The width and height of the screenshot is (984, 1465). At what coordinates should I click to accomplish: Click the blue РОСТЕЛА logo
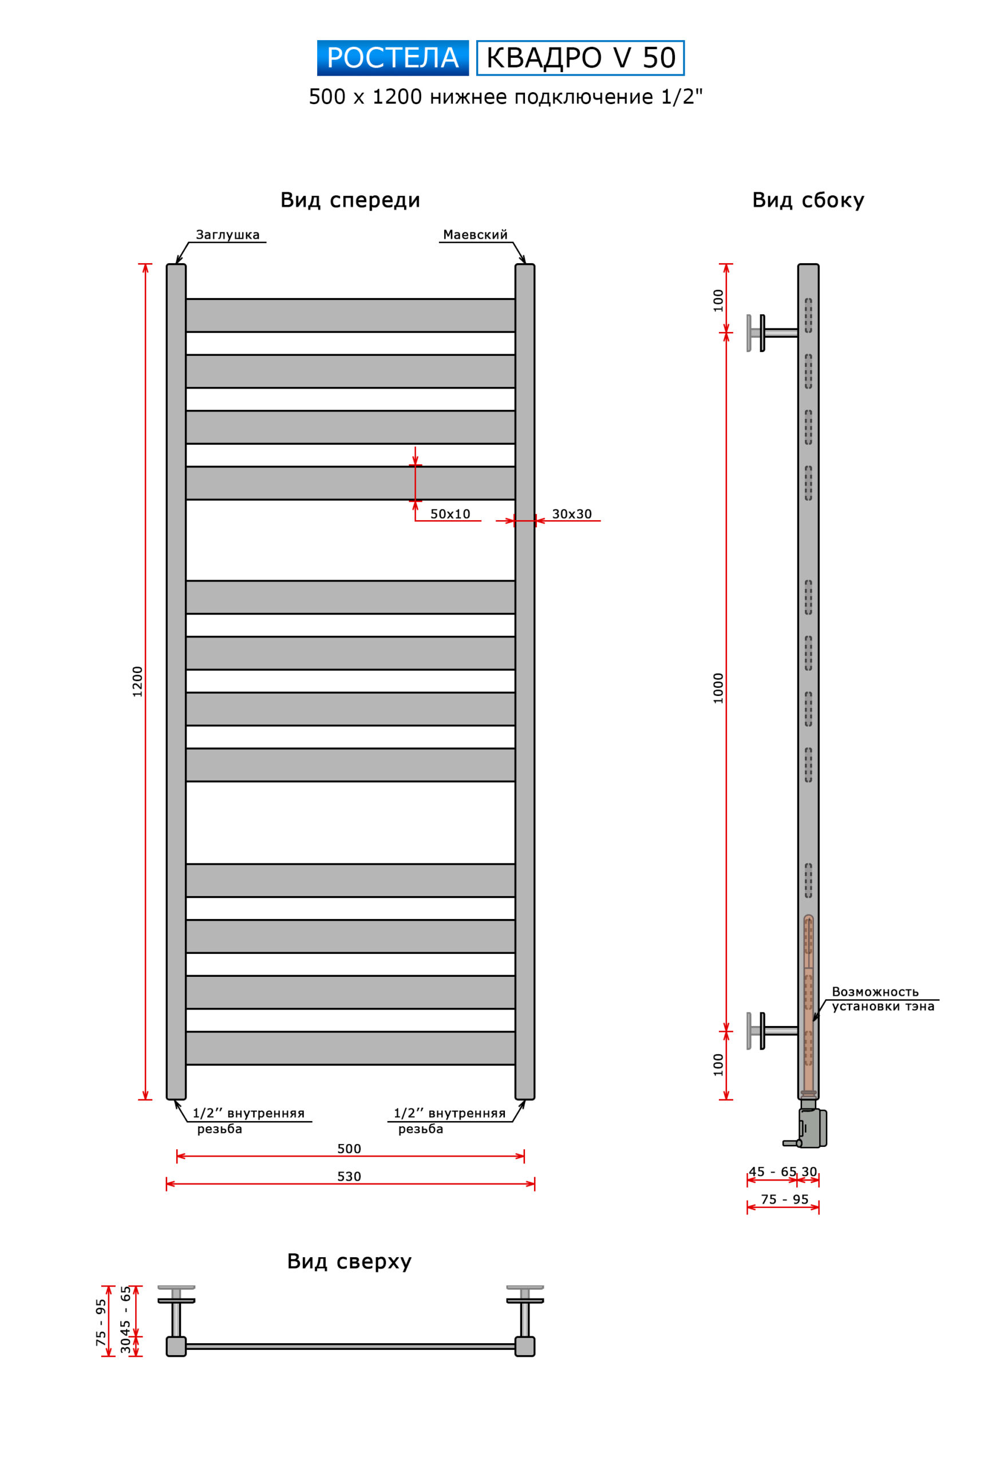click(x=393, y=58)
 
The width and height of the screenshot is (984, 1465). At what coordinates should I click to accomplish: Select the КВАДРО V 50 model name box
click(x=580, y=58)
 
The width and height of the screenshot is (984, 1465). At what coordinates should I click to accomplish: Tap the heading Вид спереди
click(x=350, y=200)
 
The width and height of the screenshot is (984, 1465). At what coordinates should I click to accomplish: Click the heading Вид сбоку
click(x=808, y=200)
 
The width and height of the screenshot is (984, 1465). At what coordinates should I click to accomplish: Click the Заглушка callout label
click(x=228, y=235)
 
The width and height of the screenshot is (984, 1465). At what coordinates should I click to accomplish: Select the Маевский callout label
click(x=475, y=235)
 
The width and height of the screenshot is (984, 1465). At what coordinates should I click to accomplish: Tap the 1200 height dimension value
click(x=137, y=682)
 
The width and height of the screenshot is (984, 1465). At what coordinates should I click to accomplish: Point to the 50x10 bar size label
click(x=450, y=514)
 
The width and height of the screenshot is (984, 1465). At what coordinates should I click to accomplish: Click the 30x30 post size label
click(x=572, y=514)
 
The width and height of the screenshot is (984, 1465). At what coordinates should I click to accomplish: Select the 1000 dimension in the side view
click(x=718, y=688)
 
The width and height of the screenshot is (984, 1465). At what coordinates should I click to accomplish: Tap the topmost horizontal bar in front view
click(x=350, y=315)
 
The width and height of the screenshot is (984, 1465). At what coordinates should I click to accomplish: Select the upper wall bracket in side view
click(x=772, y=333)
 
